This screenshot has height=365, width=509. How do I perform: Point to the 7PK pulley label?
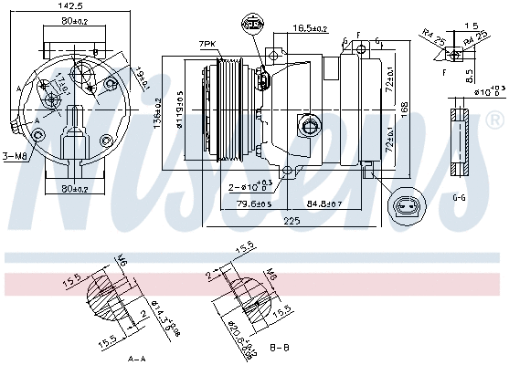tap(209, 45)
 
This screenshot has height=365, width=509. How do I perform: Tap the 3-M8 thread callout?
tap(15, 156)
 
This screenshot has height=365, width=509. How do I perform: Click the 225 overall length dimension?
tap(292, 220)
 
